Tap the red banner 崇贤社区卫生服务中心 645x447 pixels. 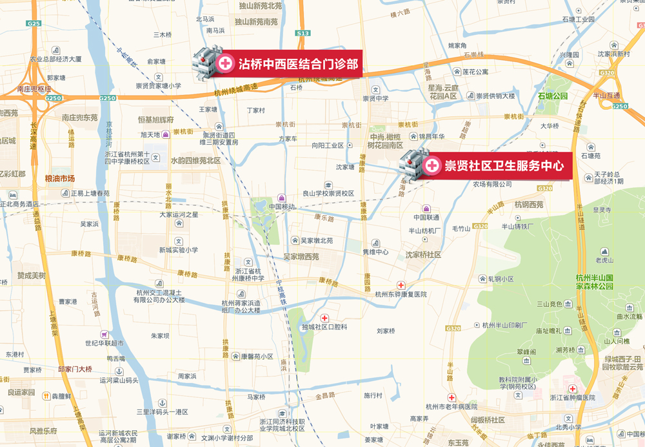tap(496, 166)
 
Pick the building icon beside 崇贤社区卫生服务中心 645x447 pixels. tap(413, 164)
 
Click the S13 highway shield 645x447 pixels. tap(303, 33)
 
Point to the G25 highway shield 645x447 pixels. tap(34, 23)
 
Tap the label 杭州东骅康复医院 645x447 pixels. tap(401, 295)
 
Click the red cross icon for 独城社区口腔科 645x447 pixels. tap(324, 318)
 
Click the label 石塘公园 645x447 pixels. tap(553, 96)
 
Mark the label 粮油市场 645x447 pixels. tap(60, 178)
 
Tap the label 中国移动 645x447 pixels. tap(282, 207)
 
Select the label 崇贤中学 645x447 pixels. tap(375, 99)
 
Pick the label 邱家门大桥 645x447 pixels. tap(75, 369)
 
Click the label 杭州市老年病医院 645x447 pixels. tap(451, 407)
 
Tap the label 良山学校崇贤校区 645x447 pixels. tap(328, 193)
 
